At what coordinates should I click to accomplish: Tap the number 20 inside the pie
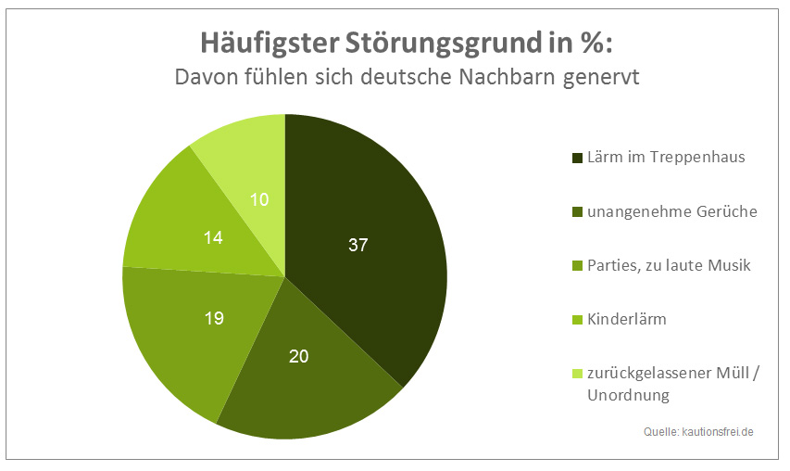[x=300, y=357]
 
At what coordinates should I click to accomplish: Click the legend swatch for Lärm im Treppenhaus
[x=577, y=158]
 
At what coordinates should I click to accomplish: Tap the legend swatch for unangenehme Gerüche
[x=577, y=211]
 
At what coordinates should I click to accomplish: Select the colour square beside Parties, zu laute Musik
[x=577, y=265]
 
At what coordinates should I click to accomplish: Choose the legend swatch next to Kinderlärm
[x=577, y=319]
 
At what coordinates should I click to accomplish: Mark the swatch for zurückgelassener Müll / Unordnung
[x=577, y=374]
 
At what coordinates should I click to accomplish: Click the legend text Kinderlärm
[x=627, y=319]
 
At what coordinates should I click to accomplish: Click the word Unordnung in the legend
[x=628, y=395]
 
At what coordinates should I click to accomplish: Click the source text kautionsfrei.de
[x=716, y=432]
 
